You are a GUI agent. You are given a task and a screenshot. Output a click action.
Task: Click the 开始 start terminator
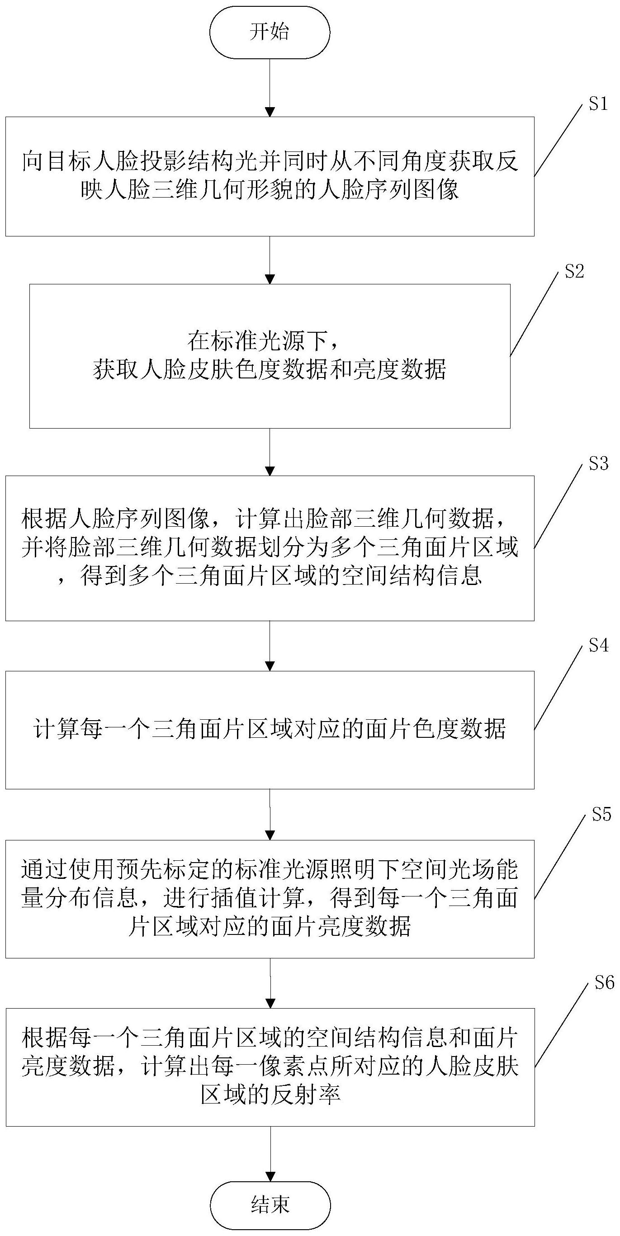click(270, 33)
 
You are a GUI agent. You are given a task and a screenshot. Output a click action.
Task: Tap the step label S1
click(598, 104)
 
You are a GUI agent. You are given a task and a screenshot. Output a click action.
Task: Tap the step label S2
click(574, 272)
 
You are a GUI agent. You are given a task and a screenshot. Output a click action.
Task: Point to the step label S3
click(598, 463)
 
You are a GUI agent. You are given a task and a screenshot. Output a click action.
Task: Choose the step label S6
click(604, 983)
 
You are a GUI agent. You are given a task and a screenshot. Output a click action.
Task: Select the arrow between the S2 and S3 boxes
click(270, 452)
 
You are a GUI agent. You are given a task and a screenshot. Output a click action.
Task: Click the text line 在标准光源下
click(265, 342)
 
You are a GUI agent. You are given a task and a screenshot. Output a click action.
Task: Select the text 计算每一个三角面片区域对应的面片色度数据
click(270, 729)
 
